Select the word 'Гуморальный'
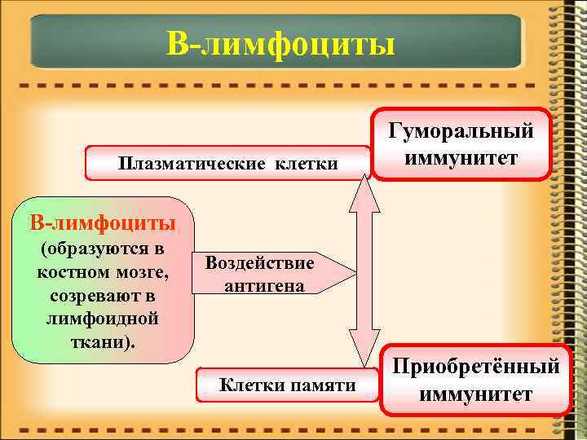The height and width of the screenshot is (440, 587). pyautogui.click(x=461, y=130)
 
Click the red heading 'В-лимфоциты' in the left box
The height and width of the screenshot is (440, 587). pyautogui.click(x=102, y=222)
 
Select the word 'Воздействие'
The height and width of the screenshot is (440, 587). pyautogui.click(x=259, y=263)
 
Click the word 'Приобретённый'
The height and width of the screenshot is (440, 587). pyautogui.click(x=477, y=367)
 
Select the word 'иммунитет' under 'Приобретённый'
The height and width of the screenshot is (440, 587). pyautogui.click(x=477, y=394)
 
